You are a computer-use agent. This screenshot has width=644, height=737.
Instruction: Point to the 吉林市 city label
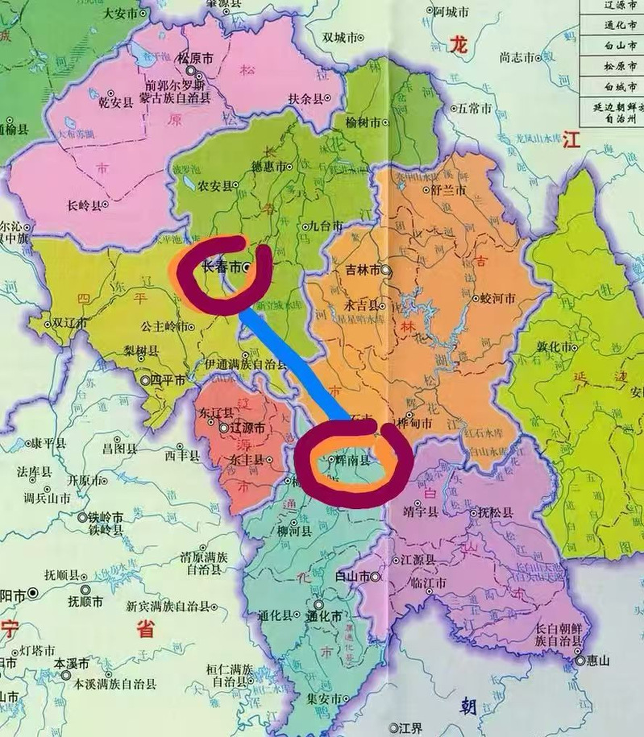click(363, 270)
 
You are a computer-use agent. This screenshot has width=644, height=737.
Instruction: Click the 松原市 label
click(195, 59)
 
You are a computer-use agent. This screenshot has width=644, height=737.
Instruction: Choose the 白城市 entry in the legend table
click(620, 87)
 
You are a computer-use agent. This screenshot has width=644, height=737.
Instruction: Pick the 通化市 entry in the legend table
click(620, 25)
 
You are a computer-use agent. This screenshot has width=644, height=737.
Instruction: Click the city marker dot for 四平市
click(146, 380)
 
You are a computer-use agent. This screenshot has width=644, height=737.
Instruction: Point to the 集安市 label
click(325, 698)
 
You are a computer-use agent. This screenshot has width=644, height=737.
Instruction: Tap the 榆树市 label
click(363, 123)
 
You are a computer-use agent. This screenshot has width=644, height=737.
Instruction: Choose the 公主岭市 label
click(165, 326)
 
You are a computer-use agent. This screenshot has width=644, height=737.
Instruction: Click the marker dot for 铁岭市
click(82, 518)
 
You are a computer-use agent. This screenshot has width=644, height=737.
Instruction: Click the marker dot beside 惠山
click(581, 661)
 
